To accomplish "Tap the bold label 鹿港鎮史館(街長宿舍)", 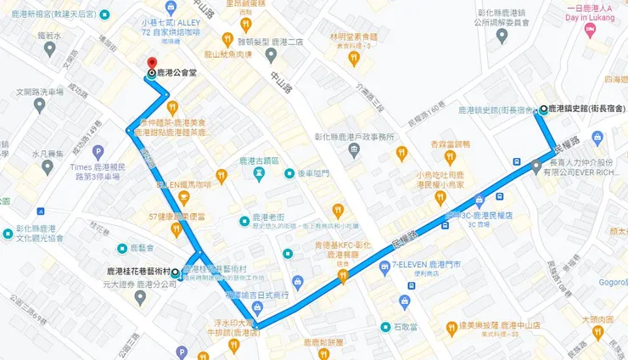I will click(x=586, y=109).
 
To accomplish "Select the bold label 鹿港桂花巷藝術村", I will click(x=137, y=272).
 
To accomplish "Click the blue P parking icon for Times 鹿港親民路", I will click(x=98, y=153).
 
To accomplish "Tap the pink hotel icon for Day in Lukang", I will click(x=590, y=31).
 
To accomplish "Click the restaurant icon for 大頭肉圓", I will click(x=599, y=330).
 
